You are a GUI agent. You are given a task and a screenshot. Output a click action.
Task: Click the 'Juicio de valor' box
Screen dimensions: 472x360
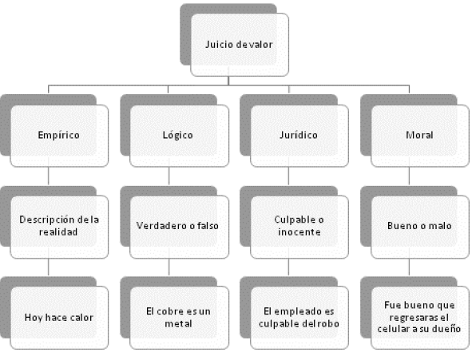240,45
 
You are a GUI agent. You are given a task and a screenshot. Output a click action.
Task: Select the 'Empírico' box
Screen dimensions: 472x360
59,136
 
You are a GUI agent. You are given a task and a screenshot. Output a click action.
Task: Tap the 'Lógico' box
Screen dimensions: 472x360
179,136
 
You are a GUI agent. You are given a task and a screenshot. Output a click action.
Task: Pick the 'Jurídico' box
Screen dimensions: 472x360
299,136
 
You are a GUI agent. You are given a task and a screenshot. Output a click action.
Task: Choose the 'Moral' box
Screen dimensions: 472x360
420,136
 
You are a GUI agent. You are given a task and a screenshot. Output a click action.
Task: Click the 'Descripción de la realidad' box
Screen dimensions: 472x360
59,227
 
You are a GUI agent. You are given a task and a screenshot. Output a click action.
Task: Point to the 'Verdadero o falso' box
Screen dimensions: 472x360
179,227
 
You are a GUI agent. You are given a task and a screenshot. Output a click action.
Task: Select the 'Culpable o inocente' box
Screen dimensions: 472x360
299,227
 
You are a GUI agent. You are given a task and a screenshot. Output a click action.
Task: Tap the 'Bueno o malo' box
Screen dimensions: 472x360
420,227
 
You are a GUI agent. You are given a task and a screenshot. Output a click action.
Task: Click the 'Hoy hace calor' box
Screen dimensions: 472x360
59,318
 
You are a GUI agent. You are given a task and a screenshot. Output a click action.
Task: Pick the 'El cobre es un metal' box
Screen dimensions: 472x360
179,318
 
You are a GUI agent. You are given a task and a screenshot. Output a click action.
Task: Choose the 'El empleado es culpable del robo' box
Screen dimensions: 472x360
299,318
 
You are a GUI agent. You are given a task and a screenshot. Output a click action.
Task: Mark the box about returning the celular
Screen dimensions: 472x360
420,318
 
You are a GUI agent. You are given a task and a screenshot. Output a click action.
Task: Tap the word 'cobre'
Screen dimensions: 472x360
168,311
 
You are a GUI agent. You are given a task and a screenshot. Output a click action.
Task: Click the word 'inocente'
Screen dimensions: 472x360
299,231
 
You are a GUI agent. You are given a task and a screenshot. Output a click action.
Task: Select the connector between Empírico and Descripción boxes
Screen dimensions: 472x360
49,176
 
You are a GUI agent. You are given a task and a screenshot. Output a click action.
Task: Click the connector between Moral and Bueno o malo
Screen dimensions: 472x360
409,176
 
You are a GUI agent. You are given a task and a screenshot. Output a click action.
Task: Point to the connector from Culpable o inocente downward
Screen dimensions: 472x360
288,267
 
